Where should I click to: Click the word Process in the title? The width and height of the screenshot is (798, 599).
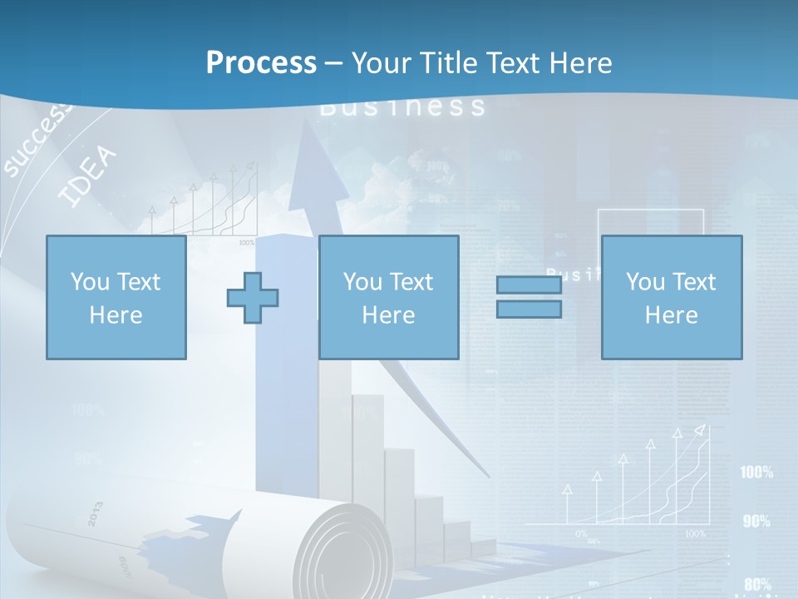[x=261, y=62]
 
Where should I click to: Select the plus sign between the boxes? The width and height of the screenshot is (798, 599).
[x=253, y=298]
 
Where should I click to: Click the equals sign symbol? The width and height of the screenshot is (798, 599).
[x=529, y=297]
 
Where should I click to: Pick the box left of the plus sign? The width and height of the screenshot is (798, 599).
[x=116, y=297]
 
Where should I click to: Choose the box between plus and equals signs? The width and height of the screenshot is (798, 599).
[x=388, y=297]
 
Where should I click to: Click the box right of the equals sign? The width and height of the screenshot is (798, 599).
[x=671, y=297]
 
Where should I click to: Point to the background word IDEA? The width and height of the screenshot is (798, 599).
[x=88, y=177]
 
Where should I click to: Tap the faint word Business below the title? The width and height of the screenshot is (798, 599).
[x=402, y=106]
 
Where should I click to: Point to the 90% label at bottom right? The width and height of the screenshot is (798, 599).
[x=756, y=521]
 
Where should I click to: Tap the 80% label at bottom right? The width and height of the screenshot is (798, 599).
[x=756, y=584]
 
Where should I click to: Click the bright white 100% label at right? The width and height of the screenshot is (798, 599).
[x=756, y=473]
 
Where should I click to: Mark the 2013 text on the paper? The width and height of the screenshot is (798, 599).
[x=94, y=513]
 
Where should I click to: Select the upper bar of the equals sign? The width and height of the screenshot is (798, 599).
[x=529, y=285]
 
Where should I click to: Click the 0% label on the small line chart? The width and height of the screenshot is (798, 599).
[x=581, y=532]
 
